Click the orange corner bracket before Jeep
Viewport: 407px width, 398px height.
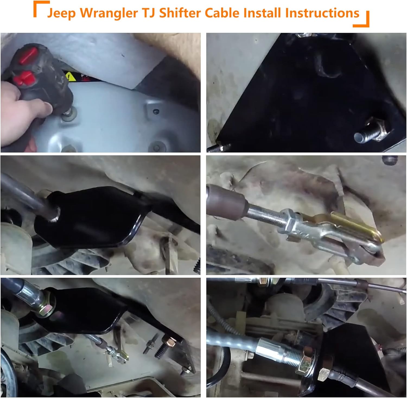coord(41,8)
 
